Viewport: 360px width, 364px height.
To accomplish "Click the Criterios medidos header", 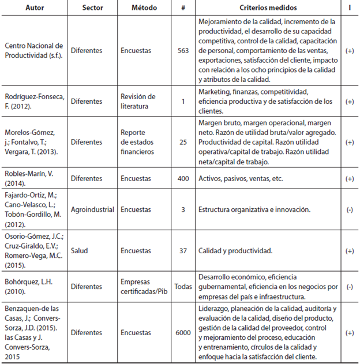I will pos(268,7).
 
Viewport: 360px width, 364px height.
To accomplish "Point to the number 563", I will pos(183,51).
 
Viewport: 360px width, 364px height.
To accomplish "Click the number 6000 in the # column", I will pos(183,332).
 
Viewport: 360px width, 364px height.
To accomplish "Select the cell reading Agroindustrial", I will pos(92,210).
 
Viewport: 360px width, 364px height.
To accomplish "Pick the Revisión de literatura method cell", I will pos(138,101).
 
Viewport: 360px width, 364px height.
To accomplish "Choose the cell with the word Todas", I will pos(183,287).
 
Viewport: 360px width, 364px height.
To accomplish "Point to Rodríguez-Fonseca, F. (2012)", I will pos(32,101).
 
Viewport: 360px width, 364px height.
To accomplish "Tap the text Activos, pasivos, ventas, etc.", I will pos(241,179).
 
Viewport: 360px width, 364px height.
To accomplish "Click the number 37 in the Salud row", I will pos(183,251).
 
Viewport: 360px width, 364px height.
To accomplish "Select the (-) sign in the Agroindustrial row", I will pos(349,210).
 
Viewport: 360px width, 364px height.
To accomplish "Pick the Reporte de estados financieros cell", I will pos(138,142).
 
